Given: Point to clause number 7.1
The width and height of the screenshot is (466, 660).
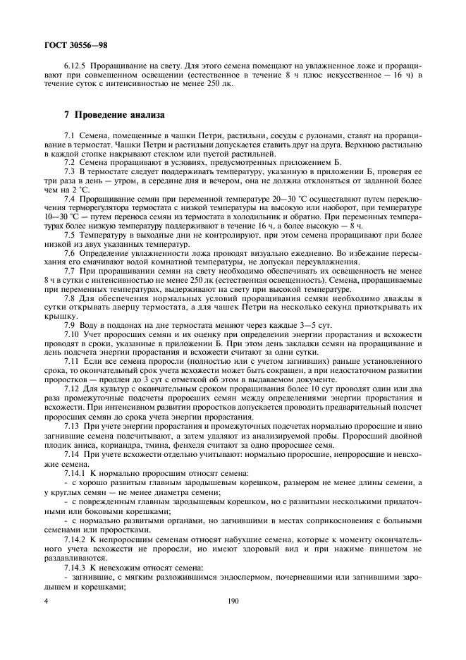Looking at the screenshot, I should pyautogui.click(x=70, y=134).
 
